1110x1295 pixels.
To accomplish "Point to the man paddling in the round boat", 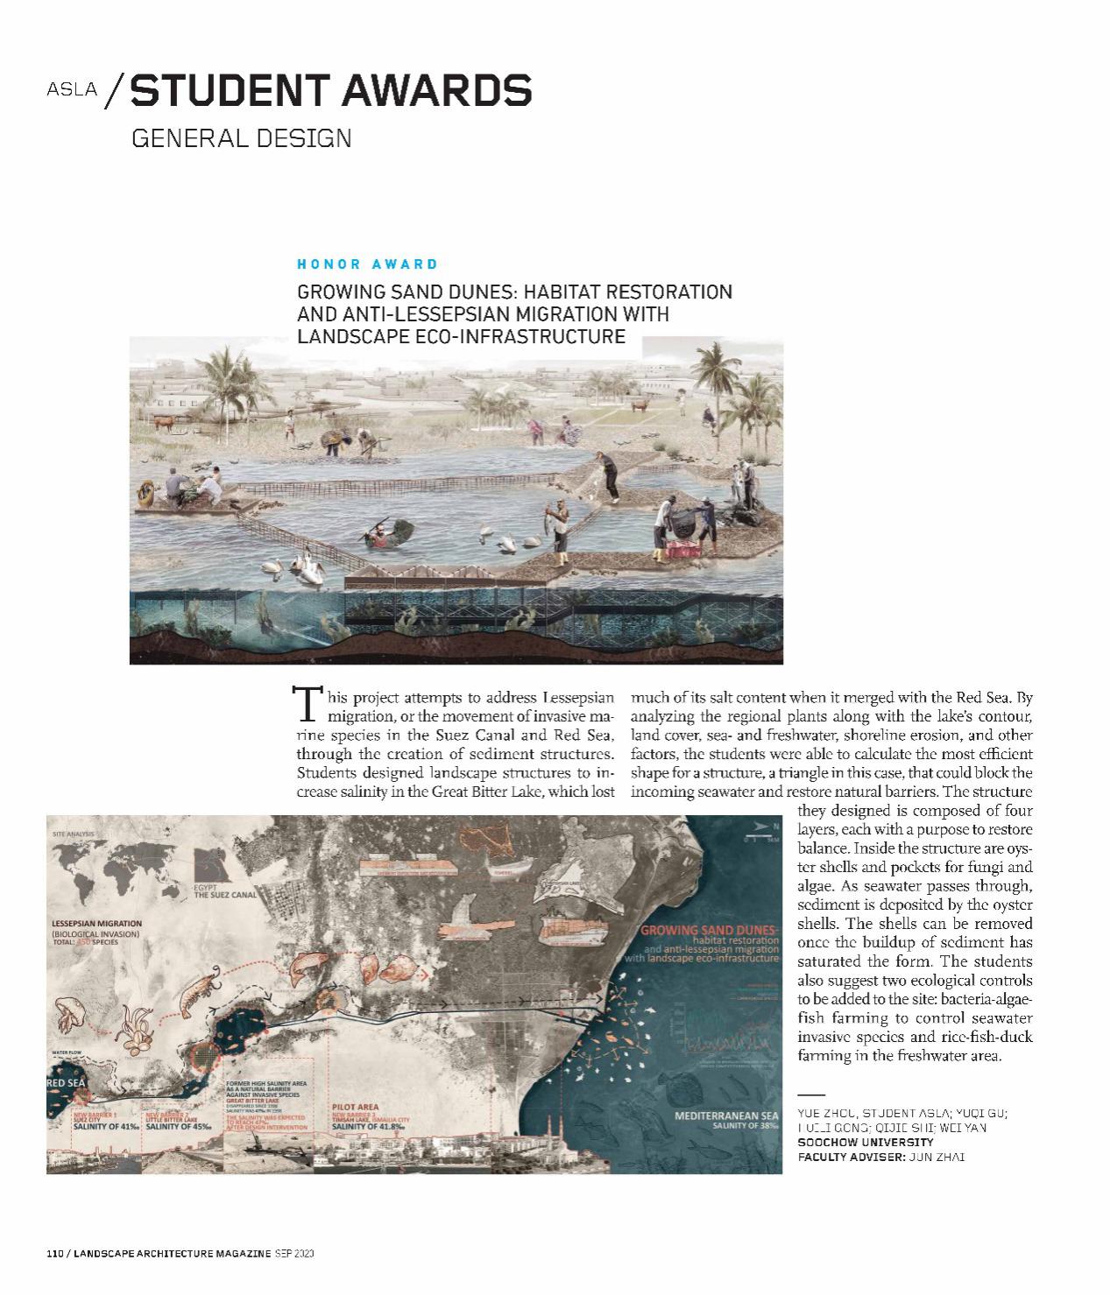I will [382, 532].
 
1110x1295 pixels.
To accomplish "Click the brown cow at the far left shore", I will [164, 421].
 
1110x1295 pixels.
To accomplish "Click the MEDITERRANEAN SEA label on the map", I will [726, 1116].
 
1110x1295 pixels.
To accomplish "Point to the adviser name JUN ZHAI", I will [937, 1157].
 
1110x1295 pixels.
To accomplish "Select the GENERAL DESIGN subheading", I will [241, 138].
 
